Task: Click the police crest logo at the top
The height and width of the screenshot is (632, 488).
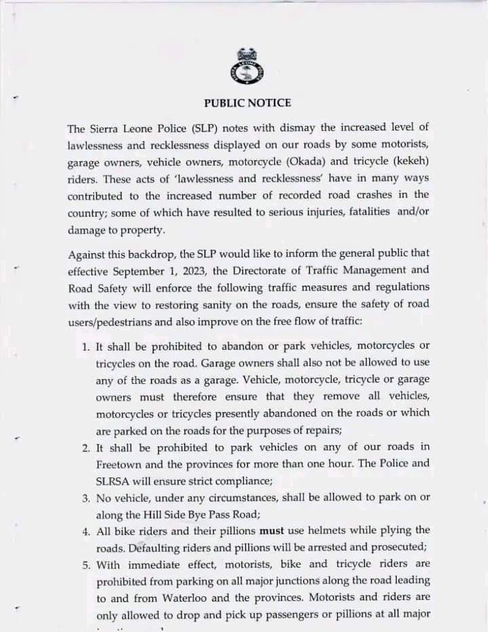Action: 247,66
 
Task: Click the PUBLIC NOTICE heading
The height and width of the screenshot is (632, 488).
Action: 247,103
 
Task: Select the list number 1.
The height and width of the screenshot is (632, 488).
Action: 85,347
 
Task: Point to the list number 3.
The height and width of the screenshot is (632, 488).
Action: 85,498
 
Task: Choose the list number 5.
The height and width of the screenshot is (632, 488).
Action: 85,564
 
